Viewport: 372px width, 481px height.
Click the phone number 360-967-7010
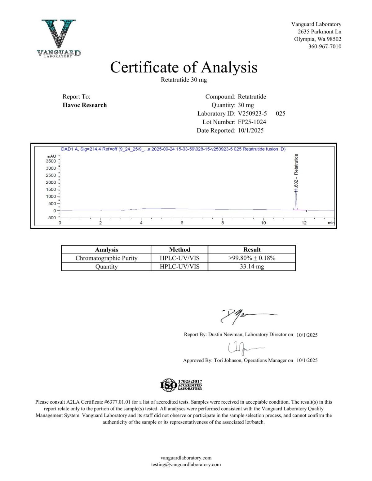(325, 46)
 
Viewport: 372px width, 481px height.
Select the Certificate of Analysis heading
(184, 67)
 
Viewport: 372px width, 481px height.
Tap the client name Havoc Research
(85, 105)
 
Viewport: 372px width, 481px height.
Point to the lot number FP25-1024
(252, 122)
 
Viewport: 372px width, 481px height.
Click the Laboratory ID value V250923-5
(252, 113)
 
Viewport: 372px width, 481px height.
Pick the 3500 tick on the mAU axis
(51, 161)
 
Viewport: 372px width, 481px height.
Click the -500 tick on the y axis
(51, 218)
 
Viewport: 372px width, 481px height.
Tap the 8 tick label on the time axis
(223, 223)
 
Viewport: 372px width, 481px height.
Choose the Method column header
(179, 250)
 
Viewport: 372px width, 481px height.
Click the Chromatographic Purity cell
(106, 258)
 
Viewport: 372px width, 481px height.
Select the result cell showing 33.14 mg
(252, 266)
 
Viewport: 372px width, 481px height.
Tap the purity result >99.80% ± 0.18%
(252, 258)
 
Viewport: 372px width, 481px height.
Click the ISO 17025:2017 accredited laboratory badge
(181, 385)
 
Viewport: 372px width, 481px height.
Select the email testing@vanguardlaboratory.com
(186, 464)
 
